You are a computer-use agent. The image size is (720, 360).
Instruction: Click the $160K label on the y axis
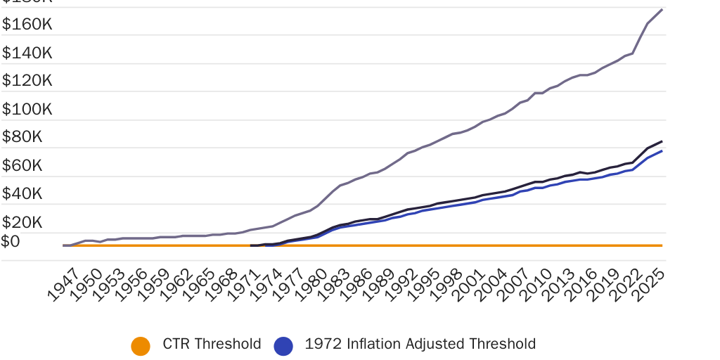(x=27, y=25)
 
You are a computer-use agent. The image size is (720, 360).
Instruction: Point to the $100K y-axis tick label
(x=27, y=109)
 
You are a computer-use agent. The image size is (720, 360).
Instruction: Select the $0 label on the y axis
(x=11, y=241)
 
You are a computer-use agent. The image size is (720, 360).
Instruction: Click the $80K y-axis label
(x=22, y=137)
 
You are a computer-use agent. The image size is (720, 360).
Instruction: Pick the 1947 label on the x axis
(x=64, y=286)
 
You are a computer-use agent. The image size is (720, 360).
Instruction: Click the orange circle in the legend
(x=141, y=345)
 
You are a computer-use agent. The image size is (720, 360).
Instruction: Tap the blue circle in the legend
(x=283, y=345)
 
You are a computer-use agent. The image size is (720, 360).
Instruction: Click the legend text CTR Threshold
(x=212, y=345)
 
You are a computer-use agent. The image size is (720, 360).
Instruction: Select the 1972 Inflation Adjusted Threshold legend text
(x=420, y=345)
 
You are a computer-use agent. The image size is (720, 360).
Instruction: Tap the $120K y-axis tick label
(x=27, y=81)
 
